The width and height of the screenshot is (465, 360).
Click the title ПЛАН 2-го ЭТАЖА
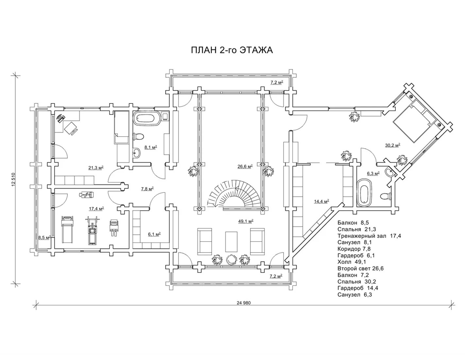232,50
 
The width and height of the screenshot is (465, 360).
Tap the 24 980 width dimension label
244,303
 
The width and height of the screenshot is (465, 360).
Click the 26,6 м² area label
245,167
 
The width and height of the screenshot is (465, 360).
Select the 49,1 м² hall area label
246,221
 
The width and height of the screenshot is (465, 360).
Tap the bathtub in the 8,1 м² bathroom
147,118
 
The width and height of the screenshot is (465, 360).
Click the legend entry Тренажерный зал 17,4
369,236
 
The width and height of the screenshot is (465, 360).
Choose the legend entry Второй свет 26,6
360,269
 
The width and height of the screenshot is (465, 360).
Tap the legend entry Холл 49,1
352,262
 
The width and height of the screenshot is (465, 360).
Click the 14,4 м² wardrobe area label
321,202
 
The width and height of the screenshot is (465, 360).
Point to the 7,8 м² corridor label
147,189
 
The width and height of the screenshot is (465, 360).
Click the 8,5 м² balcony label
44,238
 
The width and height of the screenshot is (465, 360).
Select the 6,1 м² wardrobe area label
154,234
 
